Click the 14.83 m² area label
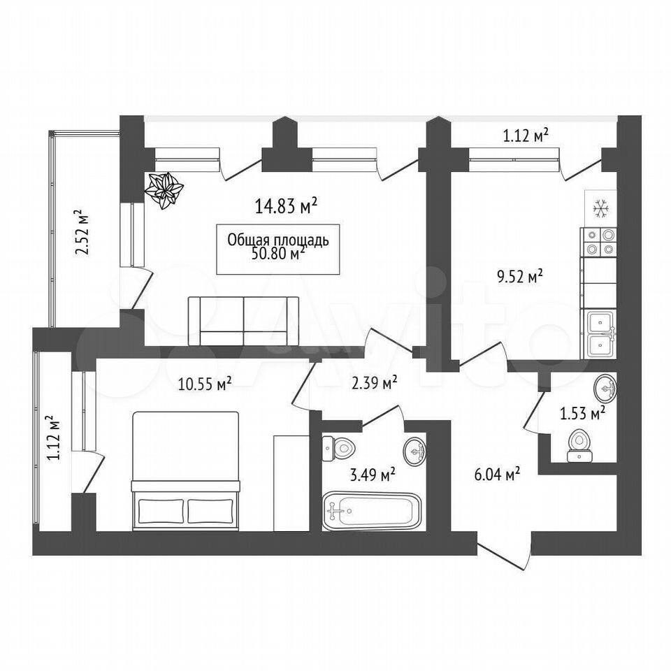point(287,205)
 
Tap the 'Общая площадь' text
point(278,240)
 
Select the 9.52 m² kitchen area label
point(519,277)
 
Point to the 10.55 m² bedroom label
point(205,384)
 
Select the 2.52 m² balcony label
point(82,232)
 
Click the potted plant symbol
point(164,190)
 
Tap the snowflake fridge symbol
point(601,209)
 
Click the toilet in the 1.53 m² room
point(579,446)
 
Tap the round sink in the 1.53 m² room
point(605,388)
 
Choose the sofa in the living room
point(243,321)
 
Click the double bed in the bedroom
point(185,471)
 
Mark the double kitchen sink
point(601,334)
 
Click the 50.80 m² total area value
point(279,254)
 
